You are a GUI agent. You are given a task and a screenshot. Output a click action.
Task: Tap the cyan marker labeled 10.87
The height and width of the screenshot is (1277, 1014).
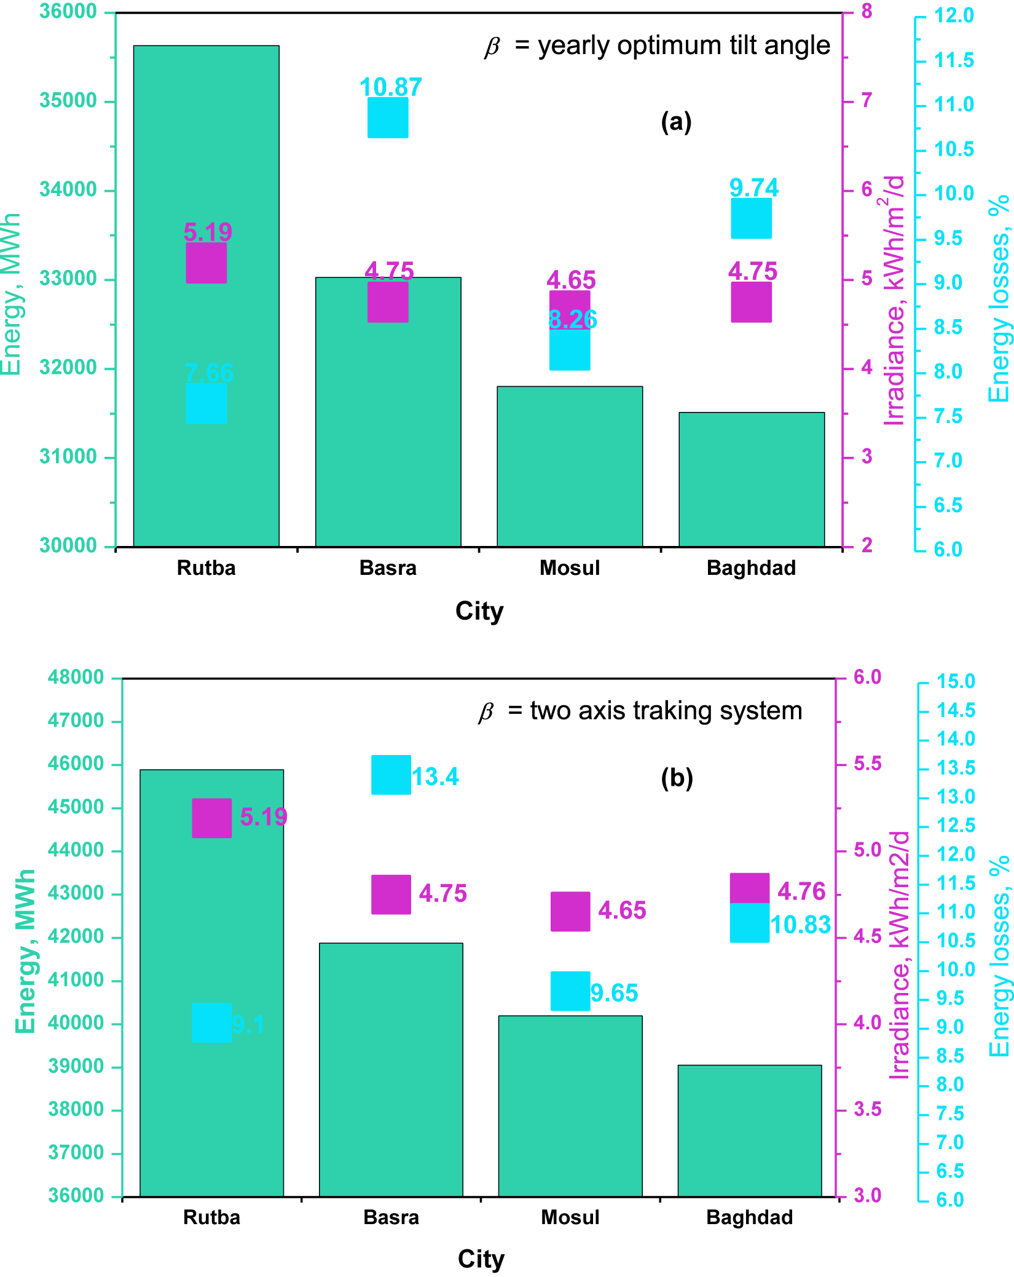(388, 117)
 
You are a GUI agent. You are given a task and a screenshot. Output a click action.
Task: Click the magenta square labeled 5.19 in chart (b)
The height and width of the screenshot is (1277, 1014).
(211, 818)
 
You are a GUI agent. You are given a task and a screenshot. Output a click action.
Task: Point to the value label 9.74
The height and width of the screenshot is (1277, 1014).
(753, 188)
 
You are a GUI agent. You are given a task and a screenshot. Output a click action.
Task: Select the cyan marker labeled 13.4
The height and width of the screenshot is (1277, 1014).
(391, 775)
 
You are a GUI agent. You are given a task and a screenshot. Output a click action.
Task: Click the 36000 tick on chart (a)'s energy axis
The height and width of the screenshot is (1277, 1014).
(68, 12)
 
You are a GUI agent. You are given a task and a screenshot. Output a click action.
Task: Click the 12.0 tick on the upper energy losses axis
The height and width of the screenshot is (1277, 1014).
(954, 15)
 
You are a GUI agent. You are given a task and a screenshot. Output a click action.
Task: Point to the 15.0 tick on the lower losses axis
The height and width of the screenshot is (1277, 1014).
(956, 681)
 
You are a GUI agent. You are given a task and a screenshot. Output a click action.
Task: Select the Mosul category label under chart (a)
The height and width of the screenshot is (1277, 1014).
(569, 567)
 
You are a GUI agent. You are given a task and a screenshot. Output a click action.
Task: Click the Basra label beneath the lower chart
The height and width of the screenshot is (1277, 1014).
(391, 1217)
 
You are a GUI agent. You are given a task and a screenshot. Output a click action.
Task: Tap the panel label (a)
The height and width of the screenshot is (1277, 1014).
(676, 122)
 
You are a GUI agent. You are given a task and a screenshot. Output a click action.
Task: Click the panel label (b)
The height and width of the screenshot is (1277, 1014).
(677, 778)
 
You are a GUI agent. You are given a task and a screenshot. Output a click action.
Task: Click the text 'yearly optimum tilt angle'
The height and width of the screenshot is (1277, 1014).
(683, 45)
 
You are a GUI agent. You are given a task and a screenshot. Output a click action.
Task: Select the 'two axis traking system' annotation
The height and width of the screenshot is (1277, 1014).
(666, 711)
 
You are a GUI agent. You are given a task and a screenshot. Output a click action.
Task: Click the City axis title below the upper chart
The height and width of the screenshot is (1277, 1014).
(479, 611)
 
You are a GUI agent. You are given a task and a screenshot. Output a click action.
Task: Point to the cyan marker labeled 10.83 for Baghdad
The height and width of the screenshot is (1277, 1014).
(749, 923)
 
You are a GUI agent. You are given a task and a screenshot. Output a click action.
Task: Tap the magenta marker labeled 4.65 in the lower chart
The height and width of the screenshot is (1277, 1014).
(570, 911)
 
